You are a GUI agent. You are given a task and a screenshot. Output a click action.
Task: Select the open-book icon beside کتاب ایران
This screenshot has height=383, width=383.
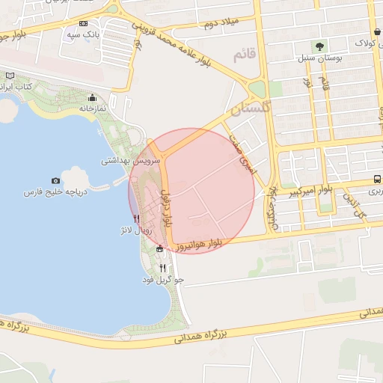coord(10,76)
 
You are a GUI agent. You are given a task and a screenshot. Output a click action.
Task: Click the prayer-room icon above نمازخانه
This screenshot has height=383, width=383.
coord(93,97)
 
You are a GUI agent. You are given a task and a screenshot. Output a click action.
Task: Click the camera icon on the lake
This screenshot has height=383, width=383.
coord(55,181)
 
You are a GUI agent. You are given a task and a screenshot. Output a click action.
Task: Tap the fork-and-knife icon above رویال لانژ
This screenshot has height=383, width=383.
coord(135,218)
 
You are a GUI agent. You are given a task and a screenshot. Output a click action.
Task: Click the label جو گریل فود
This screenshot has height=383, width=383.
coord(163,280)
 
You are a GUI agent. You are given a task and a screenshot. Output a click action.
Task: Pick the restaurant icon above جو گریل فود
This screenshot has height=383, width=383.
coord(162,268)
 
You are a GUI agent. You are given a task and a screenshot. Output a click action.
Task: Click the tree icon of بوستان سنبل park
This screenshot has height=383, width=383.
coord(322,46)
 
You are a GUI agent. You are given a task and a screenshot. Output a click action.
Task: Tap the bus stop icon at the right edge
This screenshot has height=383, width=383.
coord(376,180)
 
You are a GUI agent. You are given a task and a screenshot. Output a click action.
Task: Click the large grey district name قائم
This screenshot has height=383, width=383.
coord(245,55)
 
